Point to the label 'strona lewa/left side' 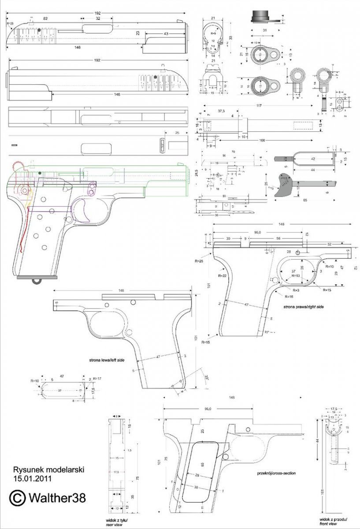107,360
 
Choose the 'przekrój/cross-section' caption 276,473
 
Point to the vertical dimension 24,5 197,175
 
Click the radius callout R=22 222,275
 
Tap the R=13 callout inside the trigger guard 296,275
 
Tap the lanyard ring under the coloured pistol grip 37,280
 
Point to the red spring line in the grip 26,229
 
